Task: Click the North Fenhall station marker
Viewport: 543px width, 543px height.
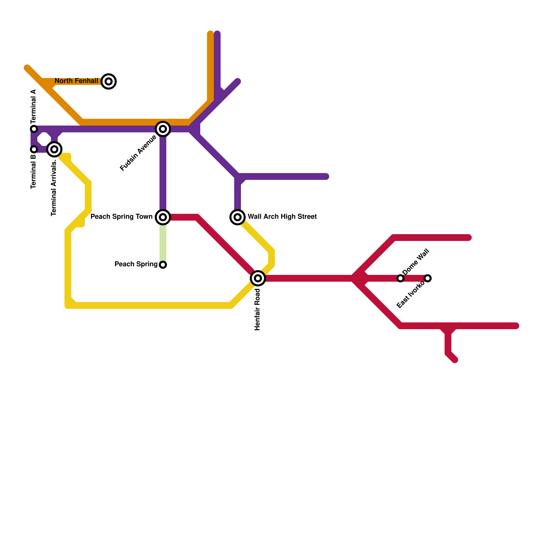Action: pyautogui.click(x=109, y=81)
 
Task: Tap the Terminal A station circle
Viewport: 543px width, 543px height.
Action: pyautogui.click(x=34, y=129)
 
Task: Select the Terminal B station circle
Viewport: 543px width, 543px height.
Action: pyautogui.click(x=34, y=149)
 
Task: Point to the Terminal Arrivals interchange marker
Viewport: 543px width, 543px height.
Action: pyautogui.click(x=54, y=149)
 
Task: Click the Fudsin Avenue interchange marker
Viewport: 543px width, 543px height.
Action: pyautogui.click(x=163, y=129)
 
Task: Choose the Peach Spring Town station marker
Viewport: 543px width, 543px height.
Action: pyautogui.click(x=163, y=217)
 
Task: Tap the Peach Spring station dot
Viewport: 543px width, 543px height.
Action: pyautogui.click(x=163, y=265)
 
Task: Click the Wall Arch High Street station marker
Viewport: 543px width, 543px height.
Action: pyautogui.click(x=238, y=217)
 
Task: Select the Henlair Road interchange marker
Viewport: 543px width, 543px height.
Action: pyautogui.click(x=258, y=278)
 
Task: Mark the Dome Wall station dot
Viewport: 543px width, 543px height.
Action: pyautogui.click(x=400, y=278)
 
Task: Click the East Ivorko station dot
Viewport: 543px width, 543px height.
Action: pyautogui.click(x=428, y=278)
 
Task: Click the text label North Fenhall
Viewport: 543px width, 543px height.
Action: pyautogui.click(x=76, y=81)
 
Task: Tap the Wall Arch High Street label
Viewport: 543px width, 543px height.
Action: pyautogui.click(x=282, y=217)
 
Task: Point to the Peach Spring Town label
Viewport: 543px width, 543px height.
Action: pyautogui.click(x=121, y=217)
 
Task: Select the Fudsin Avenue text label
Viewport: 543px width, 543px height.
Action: pyautogui.click(x=138, y=153)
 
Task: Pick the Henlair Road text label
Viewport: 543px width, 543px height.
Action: pyautogui.click(x=258, y=309)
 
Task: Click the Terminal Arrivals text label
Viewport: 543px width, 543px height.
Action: pyautogui.click(x=54, y=188)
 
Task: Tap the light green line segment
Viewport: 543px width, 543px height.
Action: pyautogui.click(x=163, y=243)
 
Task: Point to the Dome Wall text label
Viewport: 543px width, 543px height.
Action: pyautogui.click(x=416, y=262)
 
